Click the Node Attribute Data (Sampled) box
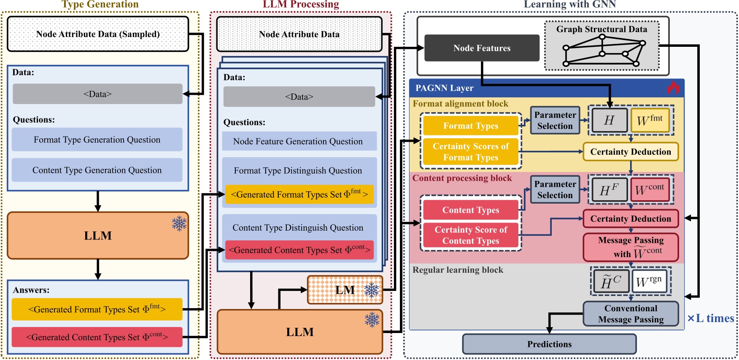tap(98, 34)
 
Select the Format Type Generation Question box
tap(97, 140)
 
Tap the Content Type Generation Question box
tap(97, 170)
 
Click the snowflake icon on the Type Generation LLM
tap(179, 223)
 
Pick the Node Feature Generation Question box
tap(299, 141)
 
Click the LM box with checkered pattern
tap(345, 290)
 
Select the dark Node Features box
tap(482, 48)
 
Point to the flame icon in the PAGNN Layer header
tap(673, 87)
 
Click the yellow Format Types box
tap(471, 126)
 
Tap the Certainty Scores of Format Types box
tap(471, 152)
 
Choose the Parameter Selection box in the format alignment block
tap(555, 120)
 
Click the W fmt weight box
tap(650, 120)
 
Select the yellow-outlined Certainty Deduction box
tap(631, 152)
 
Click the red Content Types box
tap(471, 210)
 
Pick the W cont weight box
tap(650, 189)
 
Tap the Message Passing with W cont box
tap(631, 247)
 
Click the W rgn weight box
tap(649, 281)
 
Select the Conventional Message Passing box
tap(631, 314)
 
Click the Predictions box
tap(549, 344)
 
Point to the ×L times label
tap(711, 318)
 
